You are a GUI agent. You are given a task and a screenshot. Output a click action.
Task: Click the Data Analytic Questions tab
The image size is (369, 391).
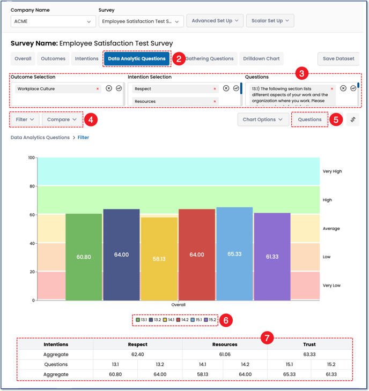point(136,59)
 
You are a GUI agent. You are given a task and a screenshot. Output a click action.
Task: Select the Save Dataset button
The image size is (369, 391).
point(338,59)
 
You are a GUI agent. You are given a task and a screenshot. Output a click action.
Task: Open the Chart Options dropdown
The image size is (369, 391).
point(262,119)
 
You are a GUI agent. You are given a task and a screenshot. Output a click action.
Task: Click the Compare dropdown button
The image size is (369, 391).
point(62,119)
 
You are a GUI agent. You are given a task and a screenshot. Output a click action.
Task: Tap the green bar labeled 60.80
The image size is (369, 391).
point(84,257)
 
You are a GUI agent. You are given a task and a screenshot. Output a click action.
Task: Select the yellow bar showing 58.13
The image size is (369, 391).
point(159,258)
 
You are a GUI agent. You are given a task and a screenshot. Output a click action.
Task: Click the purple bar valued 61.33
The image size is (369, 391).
point(272,257)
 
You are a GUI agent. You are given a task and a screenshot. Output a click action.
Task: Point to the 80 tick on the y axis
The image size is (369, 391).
point(31,186)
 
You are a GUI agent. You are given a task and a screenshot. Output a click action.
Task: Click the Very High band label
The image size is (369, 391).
point(332,171)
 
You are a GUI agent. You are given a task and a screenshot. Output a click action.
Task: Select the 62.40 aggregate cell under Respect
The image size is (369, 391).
point(138,355)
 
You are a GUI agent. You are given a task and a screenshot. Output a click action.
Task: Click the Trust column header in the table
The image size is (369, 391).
point(308,344)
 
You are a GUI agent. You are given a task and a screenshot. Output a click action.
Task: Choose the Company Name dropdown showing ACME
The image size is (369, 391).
point(53,21)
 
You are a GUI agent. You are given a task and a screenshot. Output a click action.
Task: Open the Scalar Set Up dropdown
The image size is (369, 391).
point(270,21)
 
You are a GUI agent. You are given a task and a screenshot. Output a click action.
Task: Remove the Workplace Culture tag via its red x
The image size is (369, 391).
point(98,89)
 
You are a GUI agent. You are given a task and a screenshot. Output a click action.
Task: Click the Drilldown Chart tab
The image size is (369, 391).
point(261,59)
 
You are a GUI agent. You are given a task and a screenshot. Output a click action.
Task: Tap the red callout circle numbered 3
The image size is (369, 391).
point(302,72)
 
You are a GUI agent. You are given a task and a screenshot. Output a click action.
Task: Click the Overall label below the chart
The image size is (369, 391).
point(178,305)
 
